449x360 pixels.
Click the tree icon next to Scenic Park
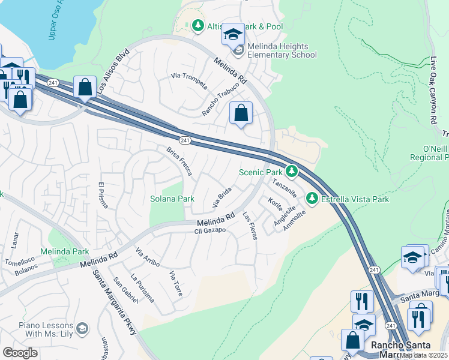[x=292, y=172]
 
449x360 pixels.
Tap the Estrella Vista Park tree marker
[x=312, y=199]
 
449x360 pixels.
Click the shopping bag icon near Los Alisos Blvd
[x=85, y=87]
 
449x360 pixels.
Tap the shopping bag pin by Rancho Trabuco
[x=241, y=113]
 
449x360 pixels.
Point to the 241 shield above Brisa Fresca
[x=185, y=140]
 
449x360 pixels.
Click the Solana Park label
[x=172, y=198]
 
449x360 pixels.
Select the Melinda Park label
[x=64, y=251]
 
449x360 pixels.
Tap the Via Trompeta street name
[x=189, y=80]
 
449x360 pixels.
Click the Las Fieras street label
[x=250, y=226]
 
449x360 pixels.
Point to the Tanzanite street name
[x=285, y=188]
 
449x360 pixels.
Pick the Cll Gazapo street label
[x=209, y=230]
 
